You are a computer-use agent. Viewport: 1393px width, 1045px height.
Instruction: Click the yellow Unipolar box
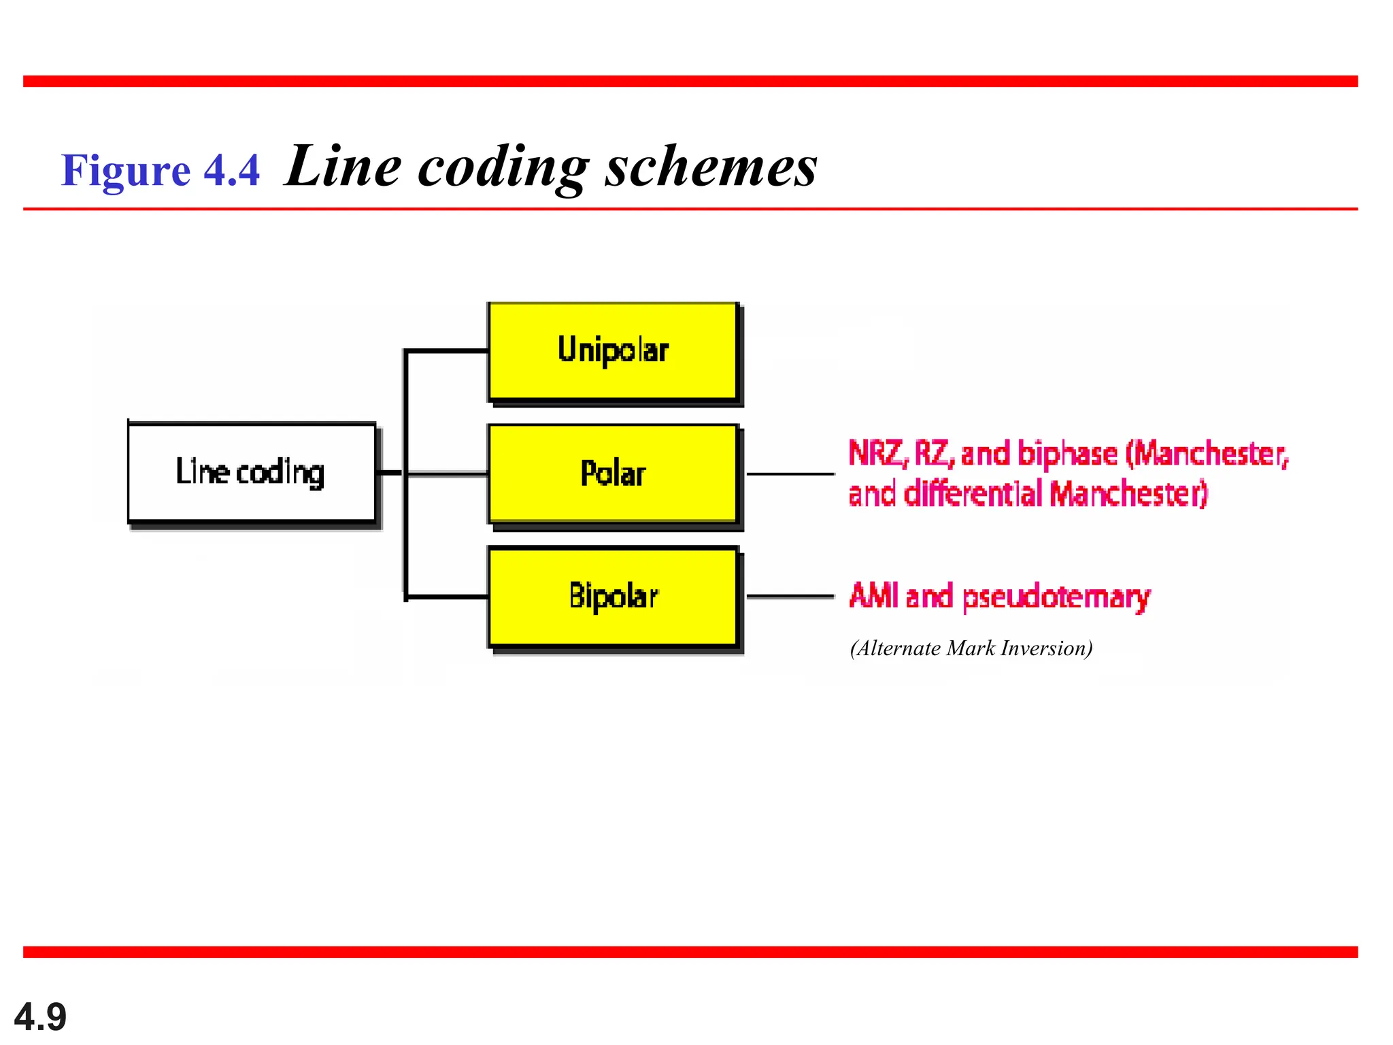click(x=613, y=351)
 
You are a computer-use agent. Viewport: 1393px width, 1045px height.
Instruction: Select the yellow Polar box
click(x=613, y=474)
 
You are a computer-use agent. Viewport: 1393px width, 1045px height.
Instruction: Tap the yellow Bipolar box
click(x=613, y=596)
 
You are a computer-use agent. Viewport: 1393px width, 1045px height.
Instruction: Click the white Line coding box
click(x=252, y=472)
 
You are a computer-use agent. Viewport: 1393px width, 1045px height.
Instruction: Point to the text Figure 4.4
click(x=161, y=170)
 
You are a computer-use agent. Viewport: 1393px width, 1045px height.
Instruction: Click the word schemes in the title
click(x=711, y=167)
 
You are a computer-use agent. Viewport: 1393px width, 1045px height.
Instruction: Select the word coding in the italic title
click(x=503, y=167)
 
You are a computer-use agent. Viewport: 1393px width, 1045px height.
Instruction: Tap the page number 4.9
click(x=40, y=1017)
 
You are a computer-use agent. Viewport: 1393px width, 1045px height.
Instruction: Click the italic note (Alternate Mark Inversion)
click(x=971, y=648)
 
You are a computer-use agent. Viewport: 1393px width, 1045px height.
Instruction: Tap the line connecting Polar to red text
click(x=790, y=474)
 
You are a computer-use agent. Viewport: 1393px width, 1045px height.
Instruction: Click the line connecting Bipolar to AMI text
click(x=790, y=597)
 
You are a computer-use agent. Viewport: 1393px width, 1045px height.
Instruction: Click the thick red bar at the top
click(x=690, y=82)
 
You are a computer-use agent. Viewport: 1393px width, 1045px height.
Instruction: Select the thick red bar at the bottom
click(x=690, y=952)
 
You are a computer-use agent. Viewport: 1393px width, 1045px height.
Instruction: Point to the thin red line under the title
click(x=690, y=209)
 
